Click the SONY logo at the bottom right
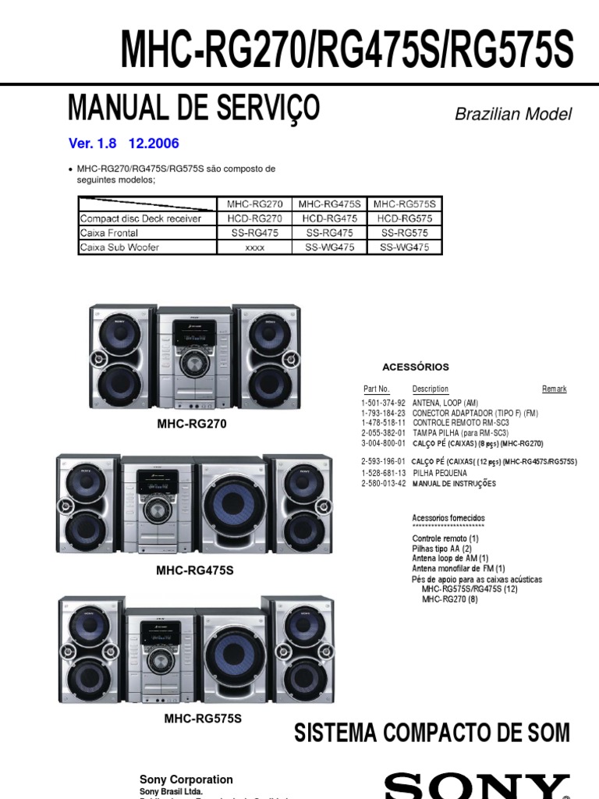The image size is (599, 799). [476, 786]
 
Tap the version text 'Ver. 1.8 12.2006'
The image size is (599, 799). [124, 144]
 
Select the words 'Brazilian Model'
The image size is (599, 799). [513, 114]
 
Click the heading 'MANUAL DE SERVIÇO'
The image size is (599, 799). [193, 108]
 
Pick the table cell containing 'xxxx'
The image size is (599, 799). [254, 247]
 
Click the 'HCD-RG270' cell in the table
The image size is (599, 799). [254, 218]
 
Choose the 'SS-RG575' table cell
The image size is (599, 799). [405, 233]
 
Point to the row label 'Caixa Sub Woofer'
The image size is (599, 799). [119, 247]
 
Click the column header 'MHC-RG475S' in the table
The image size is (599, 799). [329, 204]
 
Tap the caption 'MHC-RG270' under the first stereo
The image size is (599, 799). [192, 424]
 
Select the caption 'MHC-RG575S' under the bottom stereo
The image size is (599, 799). [202, 718]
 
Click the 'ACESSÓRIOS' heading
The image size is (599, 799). [416, 367]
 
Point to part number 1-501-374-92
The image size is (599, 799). [383, 403]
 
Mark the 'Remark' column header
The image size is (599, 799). [554, 389]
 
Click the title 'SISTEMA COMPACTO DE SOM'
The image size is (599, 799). [431, 733]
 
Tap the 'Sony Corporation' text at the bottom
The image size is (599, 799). [186, 779]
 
